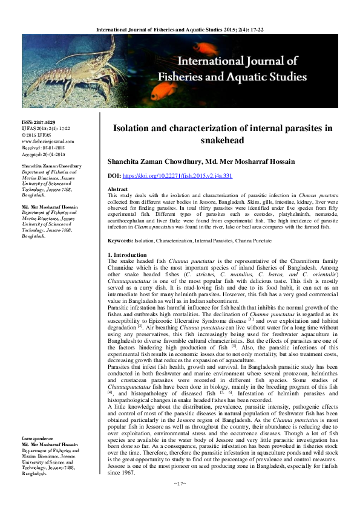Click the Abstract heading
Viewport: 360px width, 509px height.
[118, 189]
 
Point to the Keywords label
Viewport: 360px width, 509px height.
[122, 241]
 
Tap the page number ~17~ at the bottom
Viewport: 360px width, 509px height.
[180, 483]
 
